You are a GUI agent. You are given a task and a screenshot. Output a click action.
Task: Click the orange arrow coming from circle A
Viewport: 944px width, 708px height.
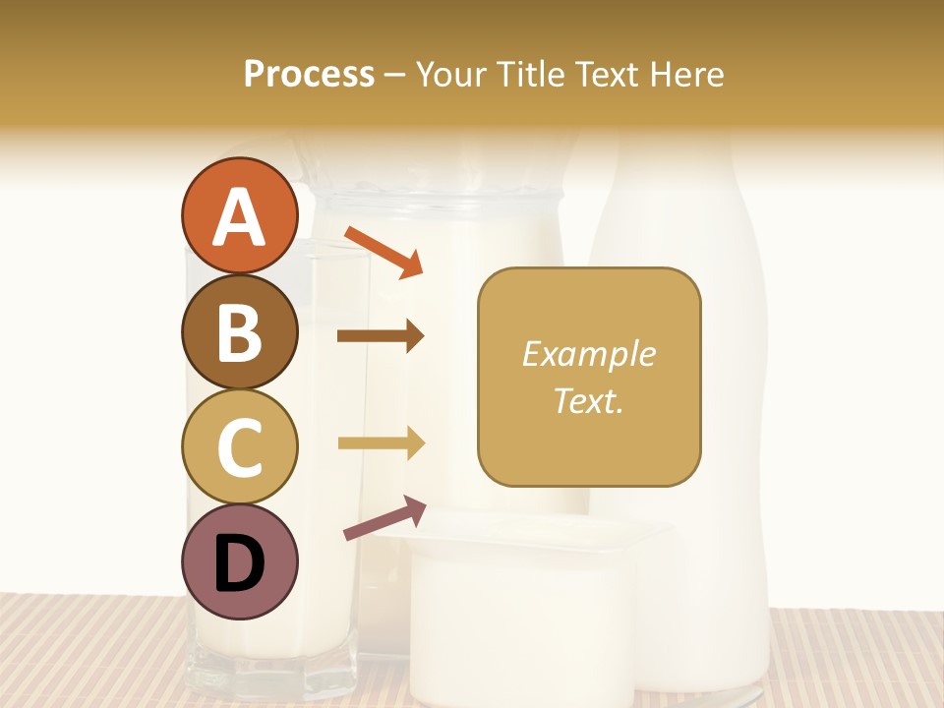click(x=383, y=252)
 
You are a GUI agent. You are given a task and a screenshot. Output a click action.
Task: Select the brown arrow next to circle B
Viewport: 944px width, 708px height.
click(x=381, y=336)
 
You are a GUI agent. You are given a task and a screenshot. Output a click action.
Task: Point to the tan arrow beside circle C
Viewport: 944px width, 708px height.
click(x=381, y=442)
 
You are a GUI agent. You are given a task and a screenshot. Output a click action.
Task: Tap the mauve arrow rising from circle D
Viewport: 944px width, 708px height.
click(x=384, y=518)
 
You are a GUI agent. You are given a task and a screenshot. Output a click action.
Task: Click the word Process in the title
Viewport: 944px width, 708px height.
click(x=309, y=74)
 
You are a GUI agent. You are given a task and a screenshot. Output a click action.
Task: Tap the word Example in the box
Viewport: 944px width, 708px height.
click(x=589, y=354)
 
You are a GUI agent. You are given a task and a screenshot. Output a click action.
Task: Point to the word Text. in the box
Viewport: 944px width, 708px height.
click(x=588, y=400)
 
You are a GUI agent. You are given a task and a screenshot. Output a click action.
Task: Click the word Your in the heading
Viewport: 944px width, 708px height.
click(x=448, y=74)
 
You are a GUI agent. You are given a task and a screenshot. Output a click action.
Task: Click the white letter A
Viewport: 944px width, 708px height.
click(x=240, y=217)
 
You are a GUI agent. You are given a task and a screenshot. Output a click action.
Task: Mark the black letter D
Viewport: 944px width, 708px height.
click(x=240, y=563)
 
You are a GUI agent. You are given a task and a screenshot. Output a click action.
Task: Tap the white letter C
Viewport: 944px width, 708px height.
click(x=240, y=447)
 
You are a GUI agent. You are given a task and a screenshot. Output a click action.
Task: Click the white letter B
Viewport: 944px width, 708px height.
click(x=240, y=332)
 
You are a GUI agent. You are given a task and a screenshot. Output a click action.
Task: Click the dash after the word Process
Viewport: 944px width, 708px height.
click(x=394, y=75)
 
